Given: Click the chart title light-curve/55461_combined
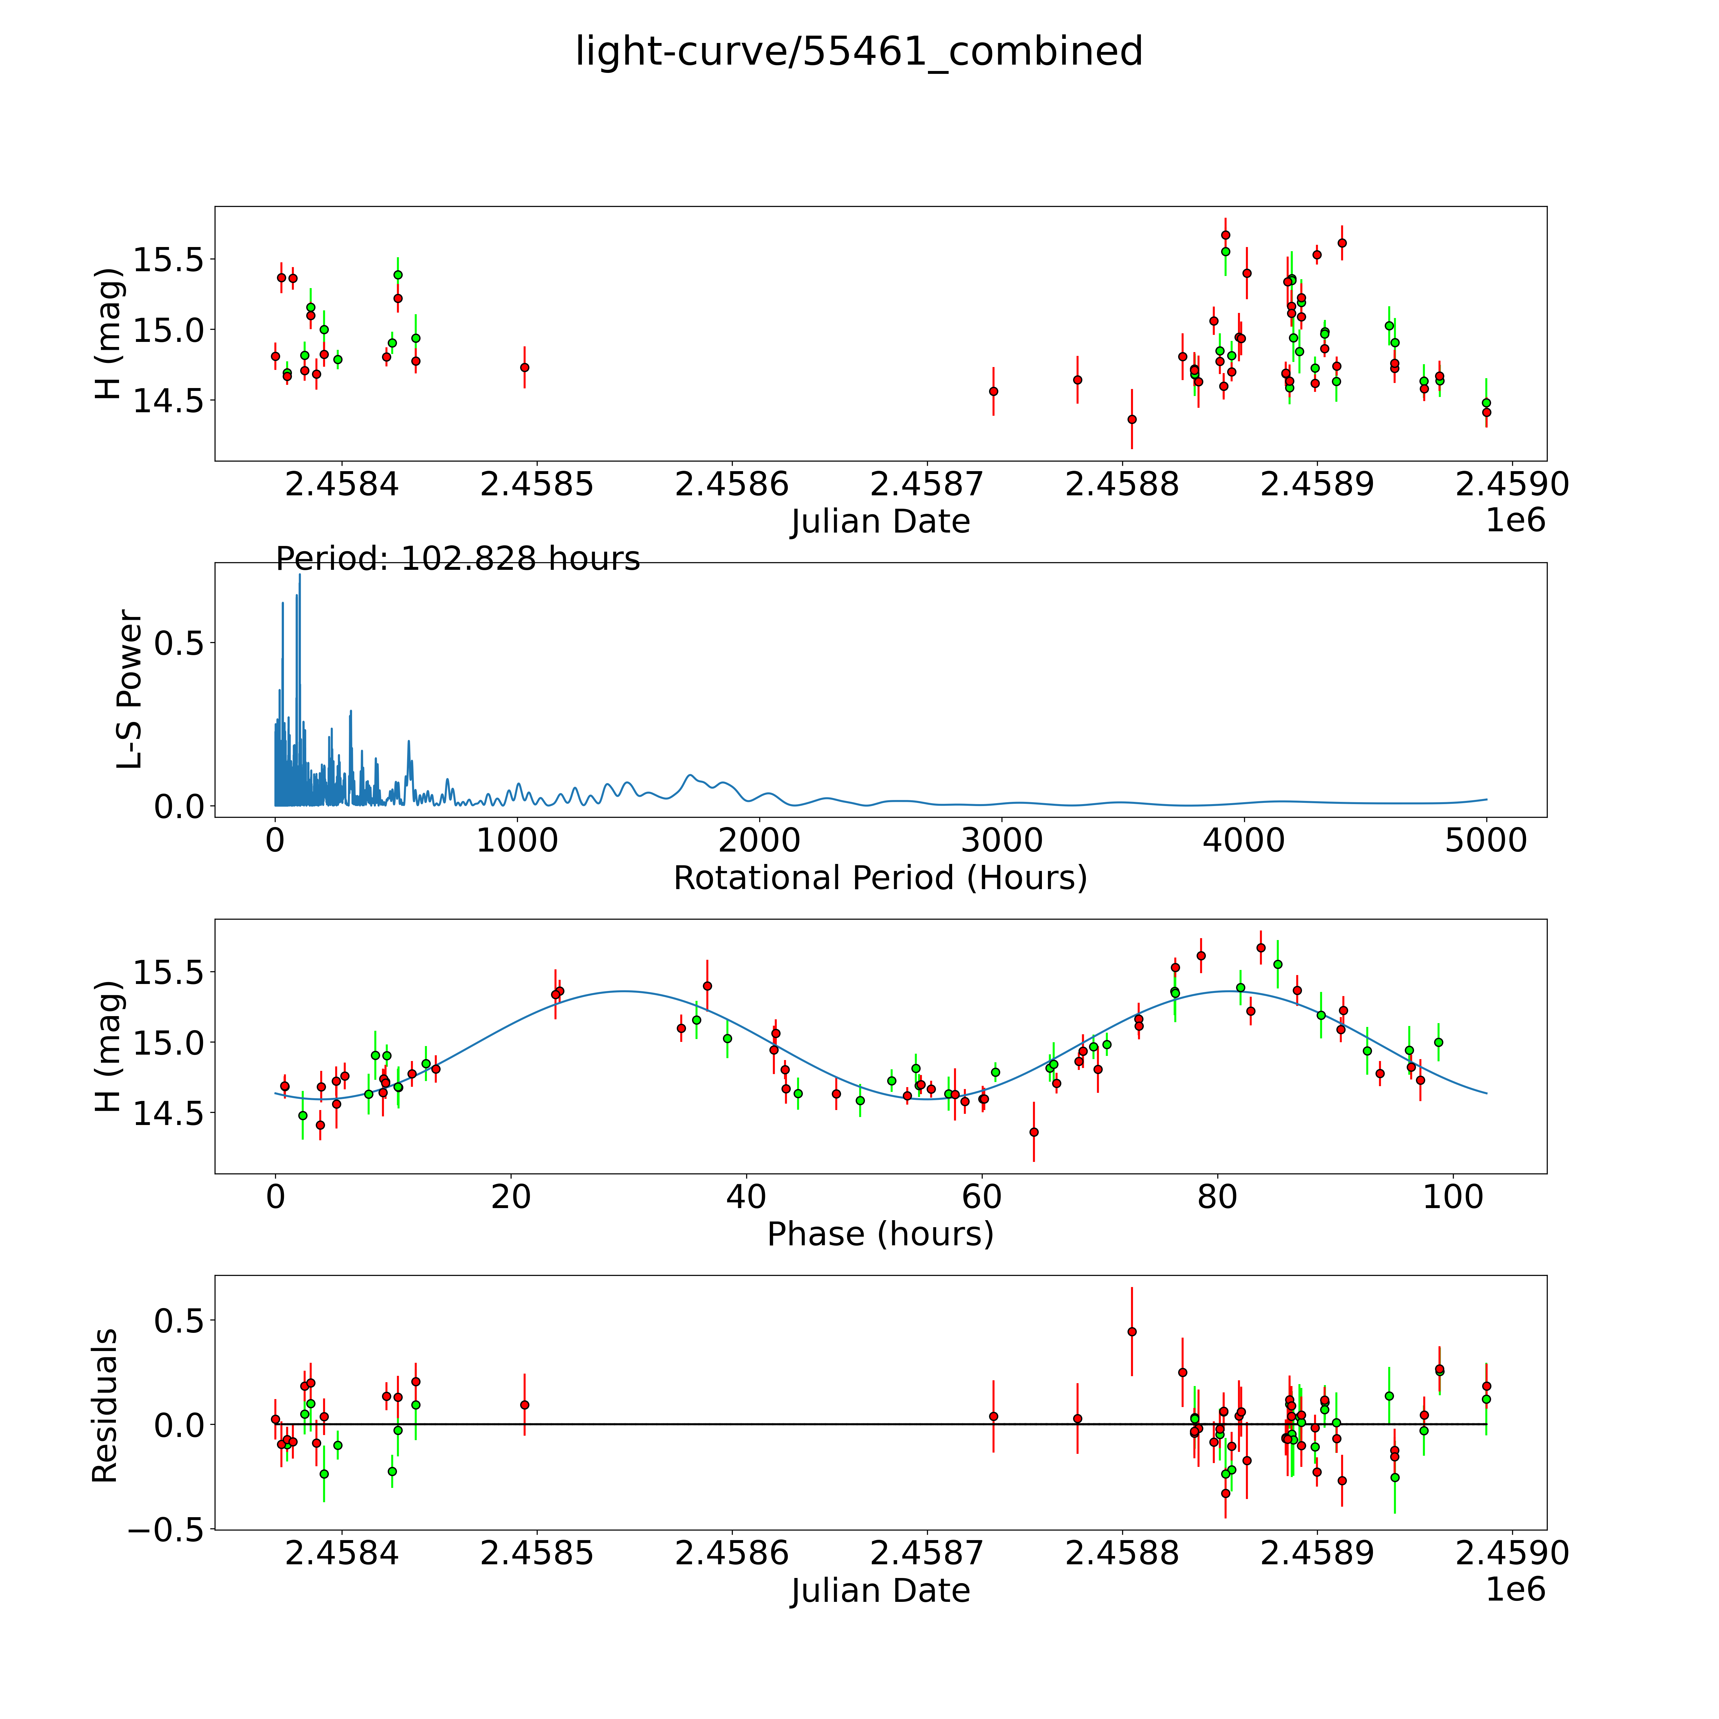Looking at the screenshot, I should [x=859, y=52].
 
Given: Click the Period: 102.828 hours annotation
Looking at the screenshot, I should [x=457, y=559].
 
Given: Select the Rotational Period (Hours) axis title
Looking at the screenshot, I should [x=880, y=878].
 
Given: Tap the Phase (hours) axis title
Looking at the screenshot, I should [x=880, y=1234].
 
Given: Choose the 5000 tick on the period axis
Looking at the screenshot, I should [x=1486, y=841].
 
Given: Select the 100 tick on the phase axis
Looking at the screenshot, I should [x=1452, y=1197].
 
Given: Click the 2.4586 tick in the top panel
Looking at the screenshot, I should [x=732, y=485].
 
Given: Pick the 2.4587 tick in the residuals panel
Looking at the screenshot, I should [x=926, y=1553].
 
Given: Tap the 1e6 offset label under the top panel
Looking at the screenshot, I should [x=1515, y=520].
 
